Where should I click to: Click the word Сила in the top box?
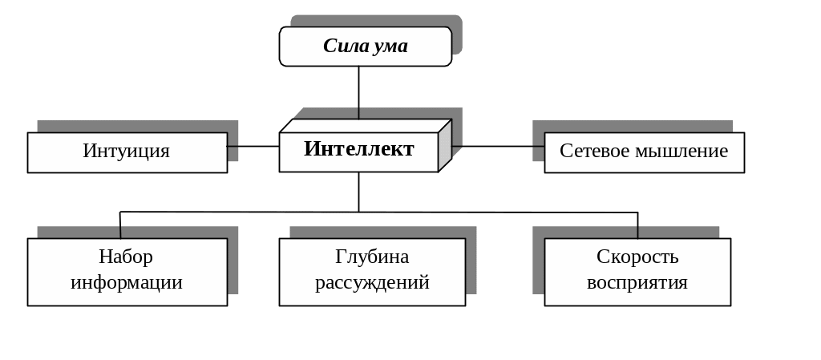(345, 46)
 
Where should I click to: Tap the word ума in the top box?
(390, 46)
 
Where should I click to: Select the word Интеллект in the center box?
(358, 148)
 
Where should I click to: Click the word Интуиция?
(126, 151)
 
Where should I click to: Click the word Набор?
(126, 257)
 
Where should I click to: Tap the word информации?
(126, 282)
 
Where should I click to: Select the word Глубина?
(372, 257)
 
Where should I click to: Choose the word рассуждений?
(372, 282)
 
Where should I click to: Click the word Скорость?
(637, 257)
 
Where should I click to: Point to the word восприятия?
(637, 282)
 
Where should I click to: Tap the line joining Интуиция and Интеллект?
(253, 146)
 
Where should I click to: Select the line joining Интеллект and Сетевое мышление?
(497, 146)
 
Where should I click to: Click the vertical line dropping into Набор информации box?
(120, 224)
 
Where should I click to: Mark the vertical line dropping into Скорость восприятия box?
(637, 224)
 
